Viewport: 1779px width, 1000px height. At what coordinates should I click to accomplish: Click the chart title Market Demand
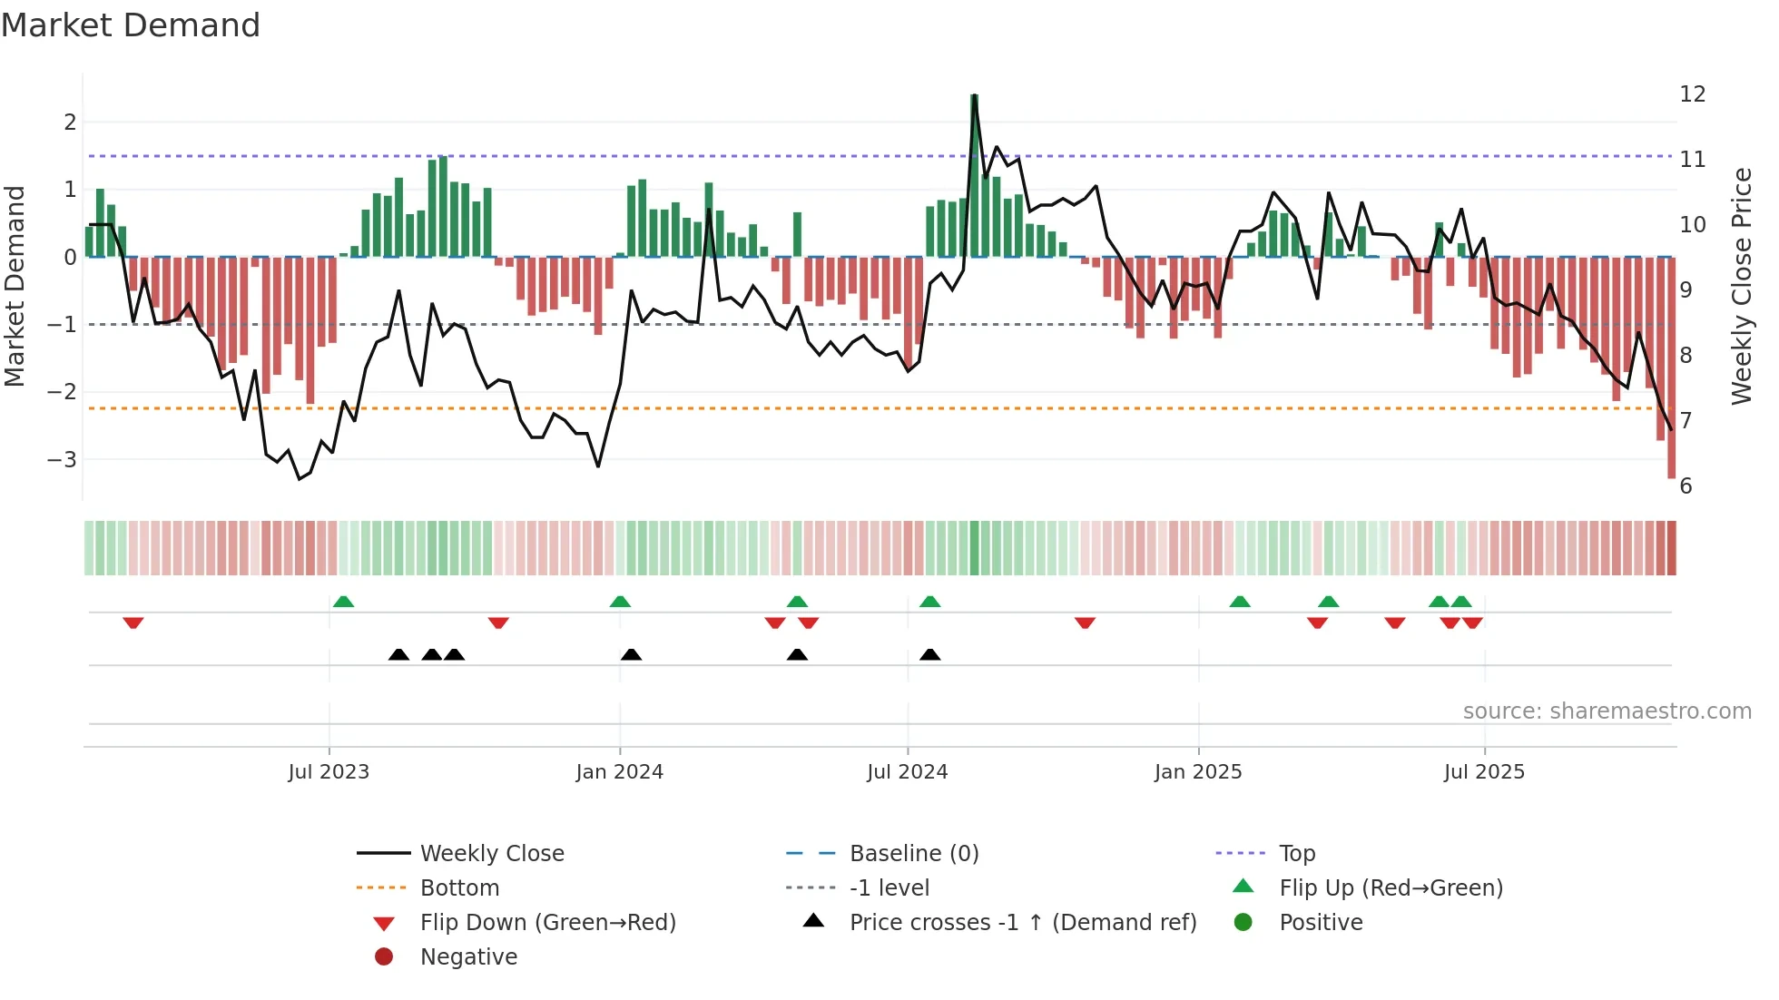(x=131, y=25)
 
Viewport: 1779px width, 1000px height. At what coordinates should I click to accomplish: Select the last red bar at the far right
(x=1671, y=368)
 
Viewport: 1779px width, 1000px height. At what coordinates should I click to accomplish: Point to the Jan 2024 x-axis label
(x=620, y=772)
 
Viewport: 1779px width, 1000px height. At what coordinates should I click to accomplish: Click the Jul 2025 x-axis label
(x=1484, y=772)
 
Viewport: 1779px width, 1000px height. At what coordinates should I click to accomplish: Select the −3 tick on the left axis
(x=63, y=459)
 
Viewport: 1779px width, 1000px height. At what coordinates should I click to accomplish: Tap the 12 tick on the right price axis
(x=1692, y=94)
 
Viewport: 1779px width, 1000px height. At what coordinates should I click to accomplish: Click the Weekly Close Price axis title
(x=1741, y=286)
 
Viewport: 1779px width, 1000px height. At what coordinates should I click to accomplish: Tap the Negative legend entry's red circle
(x=384, y=956)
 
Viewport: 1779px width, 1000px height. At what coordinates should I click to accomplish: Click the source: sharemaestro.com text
(x=1607, y=711)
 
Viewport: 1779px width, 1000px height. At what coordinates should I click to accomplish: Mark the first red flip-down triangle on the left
(x=133, y=623)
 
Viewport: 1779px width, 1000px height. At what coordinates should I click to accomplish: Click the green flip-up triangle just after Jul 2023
(x=343, y=602)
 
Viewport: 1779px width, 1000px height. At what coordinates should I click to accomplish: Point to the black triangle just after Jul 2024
(x=929, y=654)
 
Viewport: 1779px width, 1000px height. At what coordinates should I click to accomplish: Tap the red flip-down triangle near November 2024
(x=1085, y=623)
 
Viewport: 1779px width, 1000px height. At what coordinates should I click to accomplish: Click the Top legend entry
(x=1296, y=853)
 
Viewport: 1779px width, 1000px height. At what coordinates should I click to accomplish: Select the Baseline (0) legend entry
(x=913, y=853)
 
